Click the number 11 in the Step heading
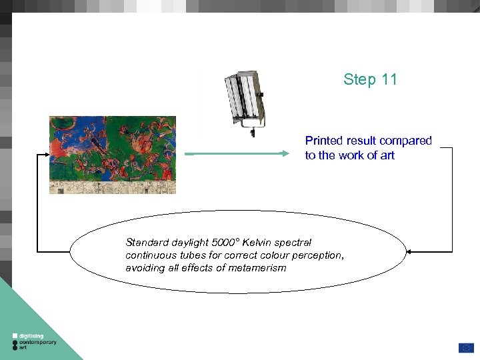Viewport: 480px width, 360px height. tap(389, 79)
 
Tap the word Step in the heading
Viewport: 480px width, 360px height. tap(360, 80)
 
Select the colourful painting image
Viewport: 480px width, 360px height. tap(113, 155)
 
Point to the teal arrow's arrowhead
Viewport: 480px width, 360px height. tap(285, 153)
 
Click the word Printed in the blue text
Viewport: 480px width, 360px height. tap(324, 141)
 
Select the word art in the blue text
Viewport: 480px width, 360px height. tap(387, 155)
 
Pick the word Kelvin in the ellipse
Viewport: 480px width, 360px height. tap(257, 243)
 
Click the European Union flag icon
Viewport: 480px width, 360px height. tap(466, 348)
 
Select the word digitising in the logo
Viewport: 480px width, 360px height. tap(31, 336)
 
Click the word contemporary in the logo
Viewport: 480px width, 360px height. tap(37, 342)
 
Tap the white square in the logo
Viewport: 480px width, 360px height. tap(15, 336)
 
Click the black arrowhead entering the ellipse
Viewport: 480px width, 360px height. tap(409, 252)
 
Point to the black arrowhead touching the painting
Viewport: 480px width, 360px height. tap(47, 155)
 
